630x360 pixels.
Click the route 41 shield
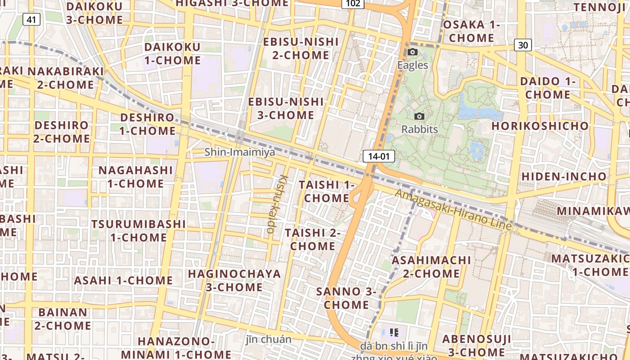click(31, 19)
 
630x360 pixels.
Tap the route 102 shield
click(353, 4)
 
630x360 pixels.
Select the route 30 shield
click(522, 45)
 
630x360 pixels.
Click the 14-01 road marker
click(378, 156)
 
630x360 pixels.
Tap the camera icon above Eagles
click(412, 52)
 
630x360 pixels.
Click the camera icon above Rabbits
click(419, 117)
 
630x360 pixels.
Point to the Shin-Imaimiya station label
click(239, 152)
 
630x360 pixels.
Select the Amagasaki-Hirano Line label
click(453, 210)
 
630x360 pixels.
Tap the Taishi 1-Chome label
click(327, 191)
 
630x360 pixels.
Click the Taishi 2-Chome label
click(313, 239)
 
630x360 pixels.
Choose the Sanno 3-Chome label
click(346, 298)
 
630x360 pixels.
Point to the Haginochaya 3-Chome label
click(234, 280)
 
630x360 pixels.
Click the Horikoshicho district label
click(540, 126)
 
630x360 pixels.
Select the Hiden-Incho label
click(564, 176)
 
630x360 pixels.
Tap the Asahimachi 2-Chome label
click(431, 267)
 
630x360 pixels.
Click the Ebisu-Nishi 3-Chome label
click(286, 108)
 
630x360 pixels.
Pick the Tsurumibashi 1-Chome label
click(139, 230)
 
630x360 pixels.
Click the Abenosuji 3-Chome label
click(477, 345)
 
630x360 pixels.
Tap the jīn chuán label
click(269, 339)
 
